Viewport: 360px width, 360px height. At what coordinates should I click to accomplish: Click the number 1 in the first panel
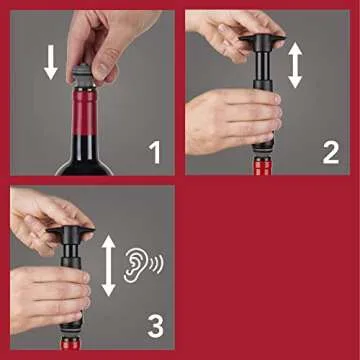154,152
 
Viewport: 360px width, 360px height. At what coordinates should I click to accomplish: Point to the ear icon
134,264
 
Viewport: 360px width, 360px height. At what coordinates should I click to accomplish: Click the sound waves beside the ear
156,265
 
